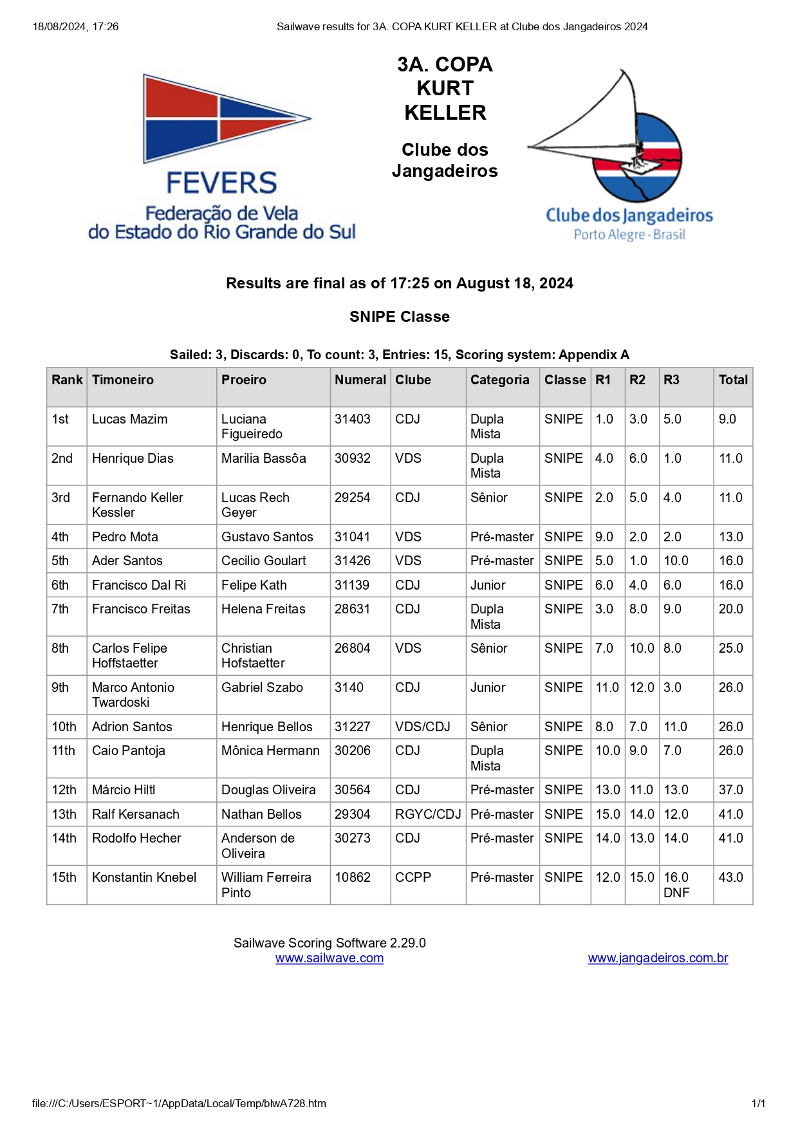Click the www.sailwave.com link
click(329, 958)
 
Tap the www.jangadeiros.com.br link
click(658, 958)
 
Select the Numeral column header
click(360, 380)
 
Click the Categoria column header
click(499, 380)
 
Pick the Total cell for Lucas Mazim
click(727, 419)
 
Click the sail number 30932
click(353, 458)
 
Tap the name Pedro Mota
click(125, 537)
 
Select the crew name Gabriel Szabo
click(262, 687)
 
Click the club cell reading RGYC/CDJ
click(428, 814)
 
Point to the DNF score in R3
click(676, 893)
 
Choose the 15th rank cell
click(64, 877)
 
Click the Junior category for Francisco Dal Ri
click(488, 585)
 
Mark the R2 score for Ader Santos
click(638, 561)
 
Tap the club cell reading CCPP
click(413, 877)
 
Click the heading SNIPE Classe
click(400, 317)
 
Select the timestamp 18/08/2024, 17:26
click(75, 27)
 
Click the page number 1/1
click(758, 1103)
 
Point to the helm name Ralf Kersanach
click(136, 814)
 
